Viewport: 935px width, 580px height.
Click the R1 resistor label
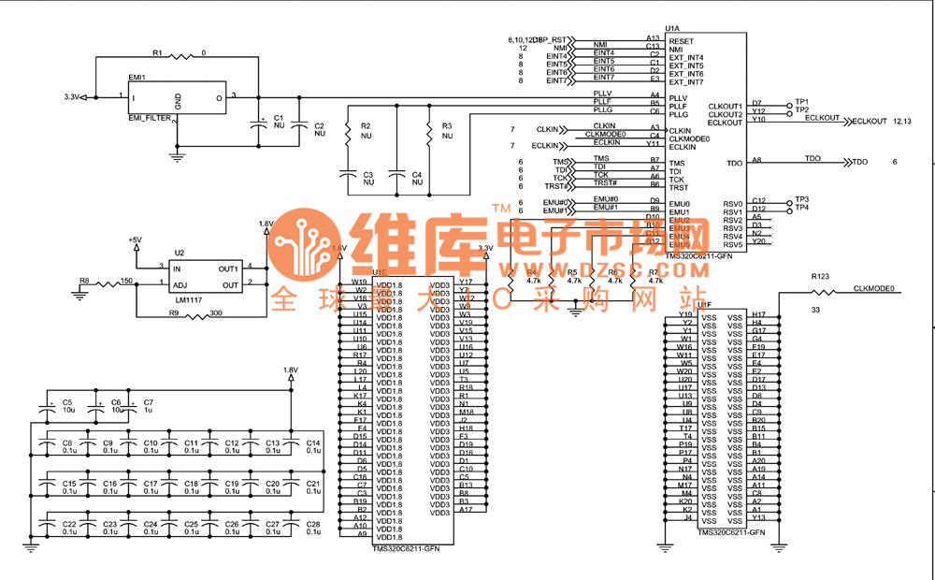point(157,52)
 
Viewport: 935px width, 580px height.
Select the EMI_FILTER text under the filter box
point(150,119)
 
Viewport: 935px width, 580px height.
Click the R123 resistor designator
point(820,277)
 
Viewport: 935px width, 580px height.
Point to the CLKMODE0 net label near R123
point(874,289)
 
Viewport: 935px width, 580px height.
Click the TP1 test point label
point(801,101)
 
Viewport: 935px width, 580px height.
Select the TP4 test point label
point(801,208)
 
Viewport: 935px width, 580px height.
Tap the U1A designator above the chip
point(672,30)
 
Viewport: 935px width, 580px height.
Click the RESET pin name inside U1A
point(682,41)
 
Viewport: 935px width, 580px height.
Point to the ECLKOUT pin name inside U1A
point(726,123)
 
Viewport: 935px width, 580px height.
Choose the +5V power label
point(136,240)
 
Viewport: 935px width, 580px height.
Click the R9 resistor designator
point(174,313)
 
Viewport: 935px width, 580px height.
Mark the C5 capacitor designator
point(67,402)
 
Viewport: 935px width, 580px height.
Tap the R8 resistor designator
point(84,280)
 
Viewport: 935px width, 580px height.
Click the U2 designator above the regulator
point(180,254)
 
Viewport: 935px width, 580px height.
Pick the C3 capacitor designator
point(367,175)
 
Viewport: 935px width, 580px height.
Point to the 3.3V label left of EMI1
point(72,97)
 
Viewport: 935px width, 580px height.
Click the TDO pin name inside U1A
point(734,164)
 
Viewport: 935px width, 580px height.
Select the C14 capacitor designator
point(313,442)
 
